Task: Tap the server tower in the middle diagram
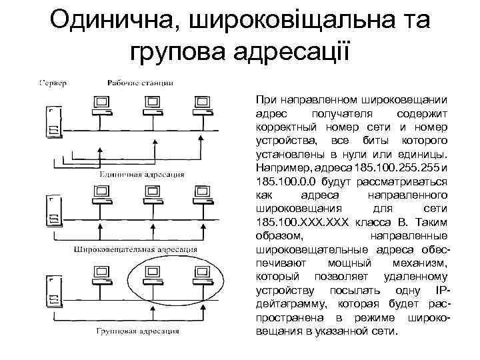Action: [51, 210]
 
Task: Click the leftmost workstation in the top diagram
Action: [102, 105]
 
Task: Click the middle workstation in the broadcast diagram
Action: [153, 194]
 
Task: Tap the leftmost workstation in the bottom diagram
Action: [102, 275]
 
